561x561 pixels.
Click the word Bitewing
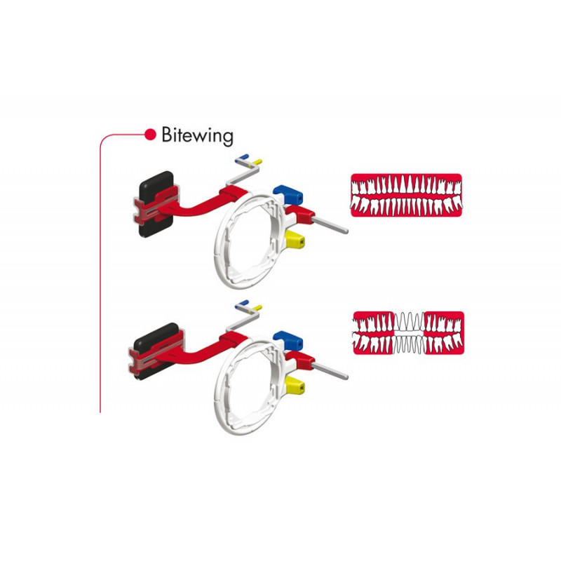tap(197, 135)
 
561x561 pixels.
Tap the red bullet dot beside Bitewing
tap(150, 135)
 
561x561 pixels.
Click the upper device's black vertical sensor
tap(156, 204)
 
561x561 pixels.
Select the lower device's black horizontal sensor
tap(156, 351)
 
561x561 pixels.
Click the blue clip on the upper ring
tap(288, 194)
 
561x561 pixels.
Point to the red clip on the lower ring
tap(300, 360)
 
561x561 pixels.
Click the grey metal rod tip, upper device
tap(346, 231)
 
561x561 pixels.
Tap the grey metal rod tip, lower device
tap(346, 377)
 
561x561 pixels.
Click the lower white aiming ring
tap(250, 385)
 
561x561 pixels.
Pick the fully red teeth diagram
tap(406, 195)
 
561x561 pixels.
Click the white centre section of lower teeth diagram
tap(409, 333)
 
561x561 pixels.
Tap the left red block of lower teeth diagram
tap(374, 333)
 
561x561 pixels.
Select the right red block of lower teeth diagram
tap(445, 333)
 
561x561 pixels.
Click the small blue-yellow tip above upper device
tap(248, 160)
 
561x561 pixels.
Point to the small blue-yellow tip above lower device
tap(248, 306)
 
